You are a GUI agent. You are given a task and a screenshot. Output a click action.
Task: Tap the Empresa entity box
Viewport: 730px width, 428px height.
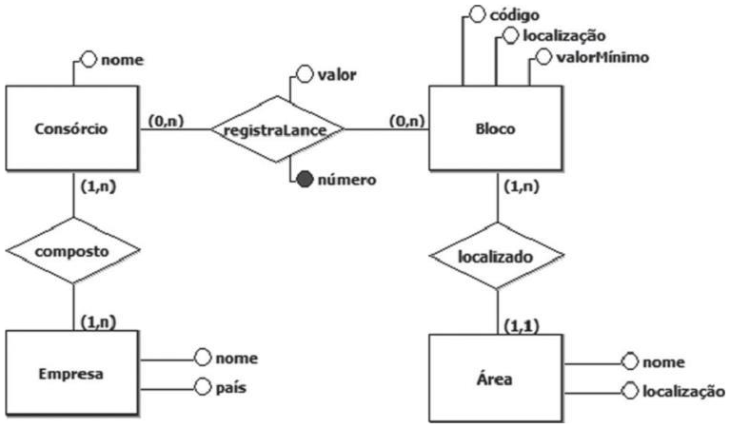(x=73, y=372)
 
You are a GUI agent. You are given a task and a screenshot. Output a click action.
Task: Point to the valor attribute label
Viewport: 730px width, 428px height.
(x=335, y=73)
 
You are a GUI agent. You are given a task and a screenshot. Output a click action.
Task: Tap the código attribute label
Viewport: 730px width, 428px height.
(x=515, y=15)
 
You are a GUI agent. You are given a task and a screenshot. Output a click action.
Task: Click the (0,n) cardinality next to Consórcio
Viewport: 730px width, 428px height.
(x=166, y=121)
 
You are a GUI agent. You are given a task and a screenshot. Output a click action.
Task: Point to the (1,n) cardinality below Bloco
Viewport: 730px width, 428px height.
(x=522, y=185)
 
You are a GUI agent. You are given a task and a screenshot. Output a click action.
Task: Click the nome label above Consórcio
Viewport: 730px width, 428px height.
(x=123, y=60)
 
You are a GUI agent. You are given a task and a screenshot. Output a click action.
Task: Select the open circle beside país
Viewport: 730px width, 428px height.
(x=202, y=386)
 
